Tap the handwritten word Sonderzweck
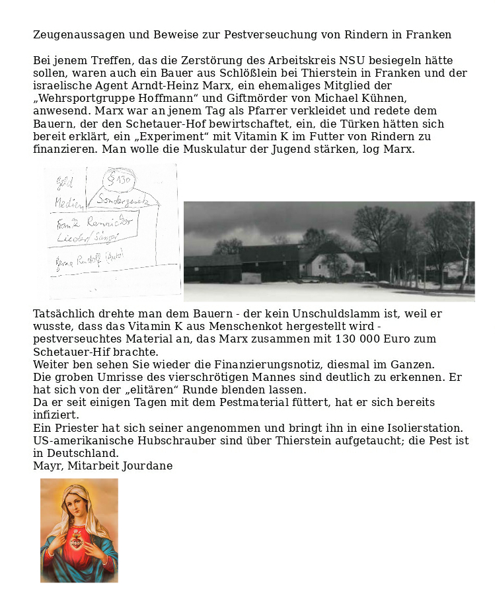click(127, 199)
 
